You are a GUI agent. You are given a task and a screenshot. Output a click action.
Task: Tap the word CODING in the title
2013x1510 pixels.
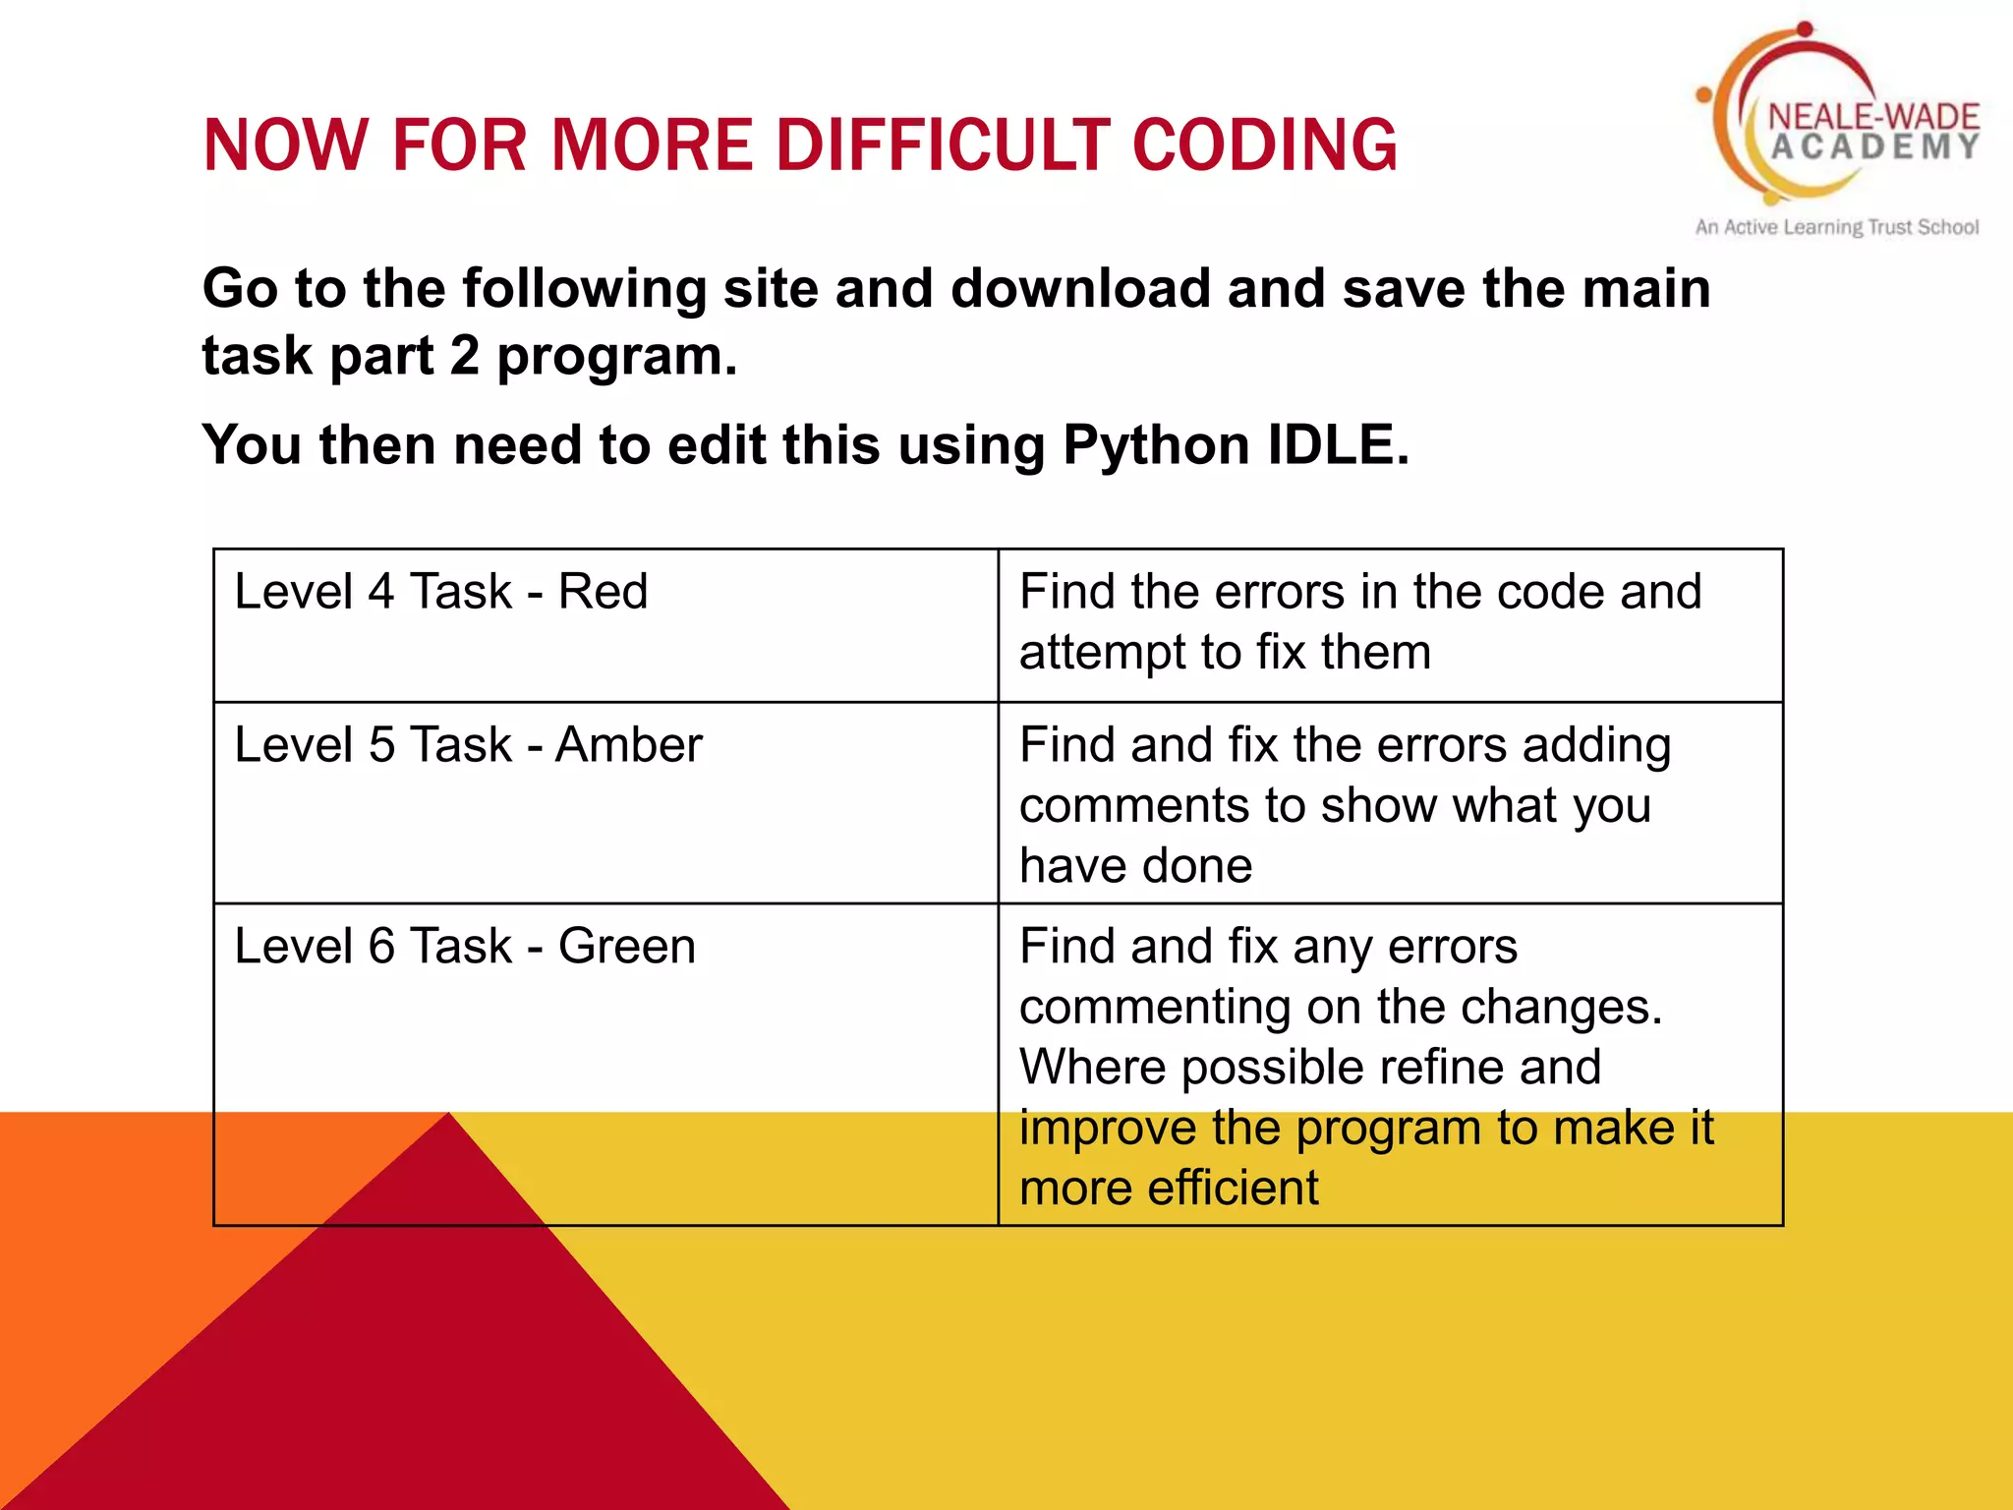pyautogui.click(x=1264, y=145)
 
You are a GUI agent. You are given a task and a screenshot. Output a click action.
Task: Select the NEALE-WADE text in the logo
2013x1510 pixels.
pyautogui.click(x=1873, y=117)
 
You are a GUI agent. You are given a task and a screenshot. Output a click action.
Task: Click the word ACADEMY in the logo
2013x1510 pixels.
pyautogui.click(x=1874, y=147)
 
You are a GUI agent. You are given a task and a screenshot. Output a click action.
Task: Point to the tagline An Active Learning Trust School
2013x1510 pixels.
pyautogui.click(x=1836, y=227)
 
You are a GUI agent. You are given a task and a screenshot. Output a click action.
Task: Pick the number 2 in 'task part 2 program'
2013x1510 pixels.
pyautogui.click(x=464, y=356)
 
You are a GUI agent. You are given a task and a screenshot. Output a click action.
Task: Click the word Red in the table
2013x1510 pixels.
pyautogui.click(x=603, y=592)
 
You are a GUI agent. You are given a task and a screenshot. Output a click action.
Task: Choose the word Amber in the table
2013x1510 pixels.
pyautogui.click(x=629, y=745)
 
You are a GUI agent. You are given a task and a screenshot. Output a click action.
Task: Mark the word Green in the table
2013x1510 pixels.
pyautogui.click(x=627, y=947)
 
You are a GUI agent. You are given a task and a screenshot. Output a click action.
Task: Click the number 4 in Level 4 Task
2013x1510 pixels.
pyautogui.click(x=380, y=592)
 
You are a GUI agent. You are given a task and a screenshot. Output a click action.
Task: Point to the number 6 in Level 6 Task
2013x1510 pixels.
pyautogui.click(x=380, y=947)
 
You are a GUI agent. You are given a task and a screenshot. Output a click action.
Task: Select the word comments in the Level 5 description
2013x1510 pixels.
pyautogui.click(x=1134, y=806)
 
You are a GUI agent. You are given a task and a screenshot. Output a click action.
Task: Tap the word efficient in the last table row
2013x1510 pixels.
pyautogui.click(x=1233, y=1189)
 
